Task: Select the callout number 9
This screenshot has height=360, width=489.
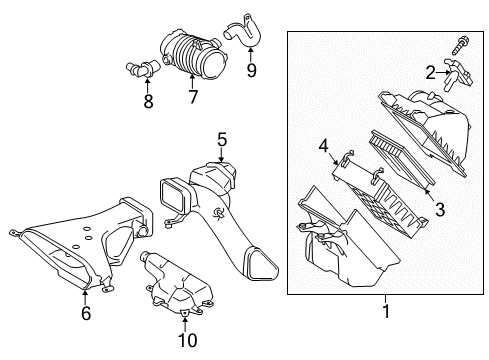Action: tap(251, 70)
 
